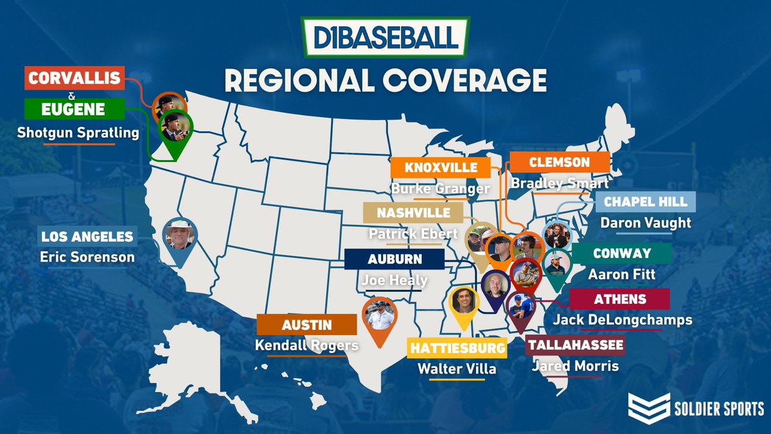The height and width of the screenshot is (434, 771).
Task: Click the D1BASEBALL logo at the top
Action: (385, 37)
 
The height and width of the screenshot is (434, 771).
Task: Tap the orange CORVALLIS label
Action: (74, 78)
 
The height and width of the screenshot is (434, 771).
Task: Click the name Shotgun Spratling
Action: (79, 133)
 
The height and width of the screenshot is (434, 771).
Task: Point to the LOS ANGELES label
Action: (87, 236)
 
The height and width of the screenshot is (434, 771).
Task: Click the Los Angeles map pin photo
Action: (179, 236)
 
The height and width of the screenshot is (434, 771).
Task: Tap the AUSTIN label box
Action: (306, 325)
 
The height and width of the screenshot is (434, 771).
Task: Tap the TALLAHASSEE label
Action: (575, 345)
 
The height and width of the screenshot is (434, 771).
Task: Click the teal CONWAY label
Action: (621, 253)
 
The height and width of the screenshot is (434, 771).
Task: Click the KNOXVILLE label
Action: (441, 168)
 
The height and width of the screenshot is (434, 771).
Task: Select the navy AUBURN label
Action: (394, 260)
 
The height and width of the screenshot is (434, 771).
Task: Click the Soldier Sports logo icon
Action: (650, 408)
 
